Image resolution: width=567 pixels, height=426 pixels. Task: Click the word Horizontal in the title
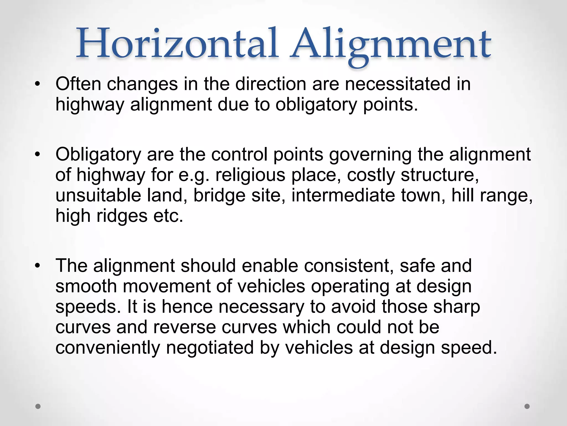pos(177,44)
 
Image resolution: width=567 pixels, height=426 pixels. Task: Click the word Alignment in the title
pos(390,46)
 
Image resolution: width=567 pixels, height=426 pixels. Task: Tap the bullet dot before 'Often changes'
pos(38,83)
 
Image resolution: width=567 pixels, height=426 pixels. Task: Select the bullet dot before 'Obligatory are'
pos(38,154)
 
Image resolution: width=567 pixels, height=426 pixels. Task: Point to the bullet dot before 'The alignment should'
pos(38,265)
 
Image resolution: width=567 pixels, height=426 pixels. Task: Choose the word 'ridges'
pos(122,216)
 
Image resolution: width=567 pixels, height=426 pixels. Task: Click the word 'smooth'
pos(86,286)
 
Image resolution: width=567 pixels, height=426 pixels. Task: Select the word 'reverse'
pos(184,327)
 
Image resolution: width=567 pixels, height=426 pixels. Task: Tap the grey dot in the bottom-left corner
pos(38,406)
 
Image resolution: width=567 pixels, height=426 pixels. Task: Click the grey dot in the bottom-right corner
pos(527,406)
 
